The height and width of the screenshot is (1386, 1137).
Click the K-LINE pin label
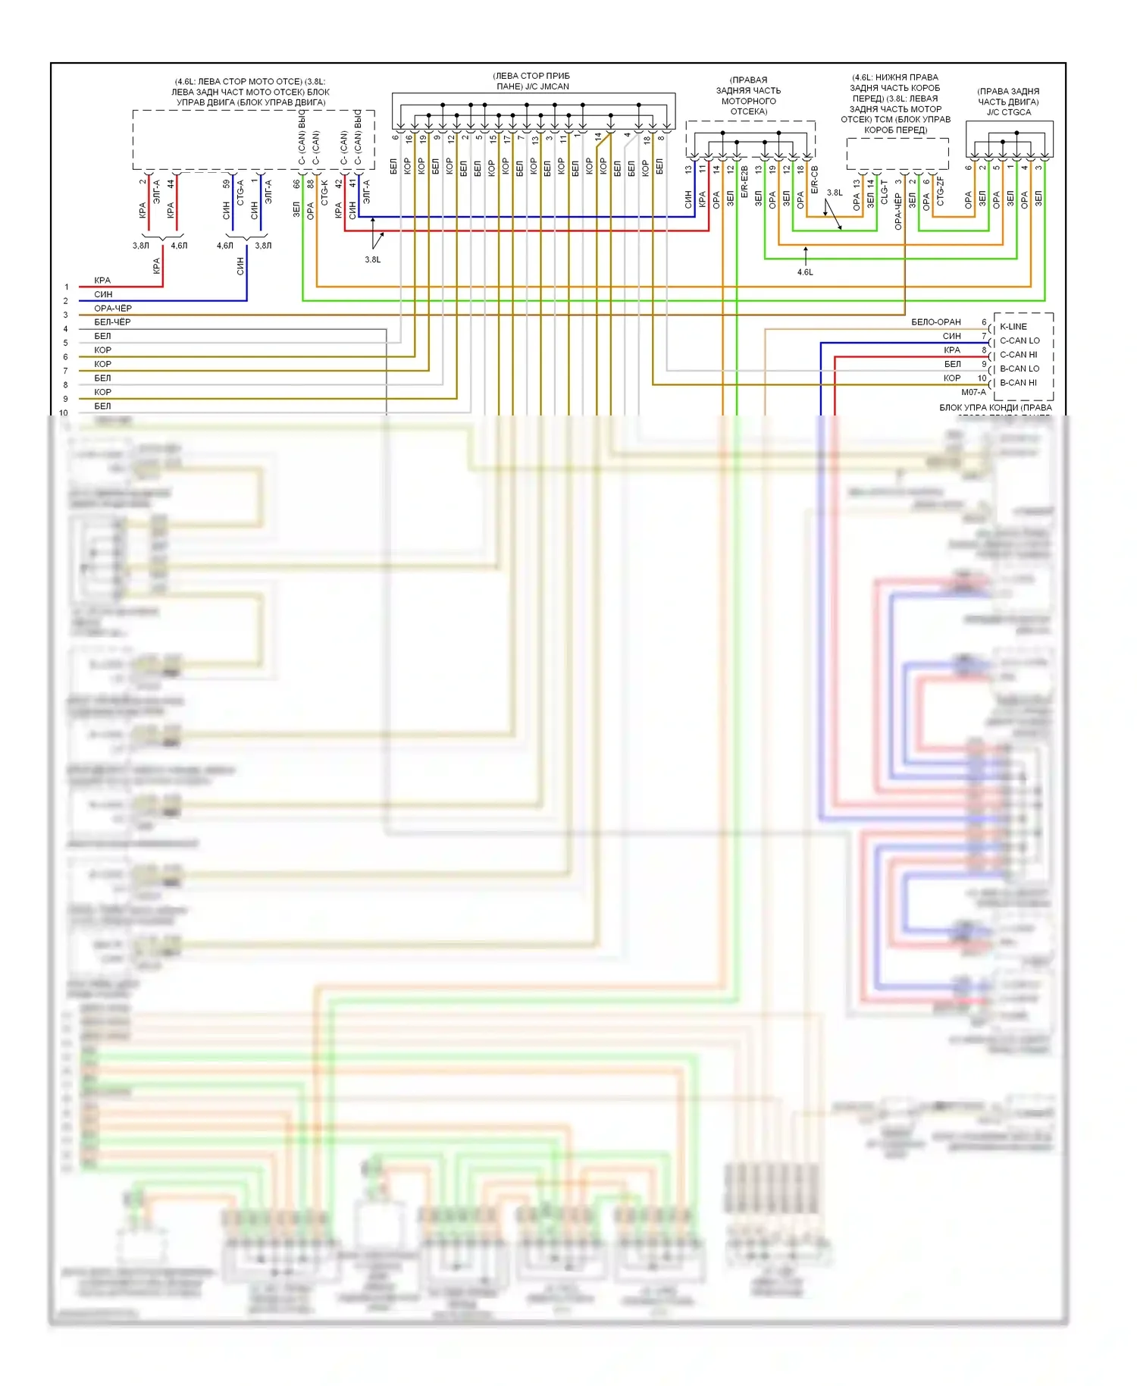1013,327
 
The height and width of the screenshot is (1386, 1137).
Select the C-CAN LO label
1020,340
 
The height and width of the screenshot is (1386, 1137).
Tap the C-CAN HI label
1018,355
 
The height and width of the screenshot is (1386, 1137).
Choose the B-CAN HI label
1018,383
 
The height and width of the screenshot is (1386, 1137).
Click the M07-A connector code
973,393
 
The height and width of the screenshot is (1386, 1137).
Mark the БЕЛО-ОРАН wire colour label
935,322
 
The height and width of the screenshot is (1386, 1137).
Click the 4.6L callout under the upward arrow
805,272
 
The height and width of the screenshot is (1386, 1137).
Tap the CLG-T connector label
884,192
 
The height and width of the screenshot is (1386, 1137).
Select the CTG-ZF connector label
940,191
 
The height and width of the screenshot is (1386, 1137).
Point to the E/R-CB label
814,180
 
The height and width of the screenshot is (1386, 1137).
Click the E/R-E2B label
744,183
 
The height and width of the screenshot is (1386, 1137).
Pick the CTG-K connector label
324,192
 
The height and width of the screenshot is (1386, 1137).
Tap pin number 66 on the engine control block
296,183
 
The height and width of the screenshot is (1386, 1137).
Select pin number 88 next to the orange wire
311,183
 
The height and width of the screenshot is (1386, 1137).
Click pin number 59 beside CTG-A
226,183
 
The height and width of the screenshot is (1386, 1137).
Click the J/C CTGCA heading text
1008,112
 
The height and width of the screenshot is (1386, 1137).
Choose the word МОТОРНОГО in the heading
748,101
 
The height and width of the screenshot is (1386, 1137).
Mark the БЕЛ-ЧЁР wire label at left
112,322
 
